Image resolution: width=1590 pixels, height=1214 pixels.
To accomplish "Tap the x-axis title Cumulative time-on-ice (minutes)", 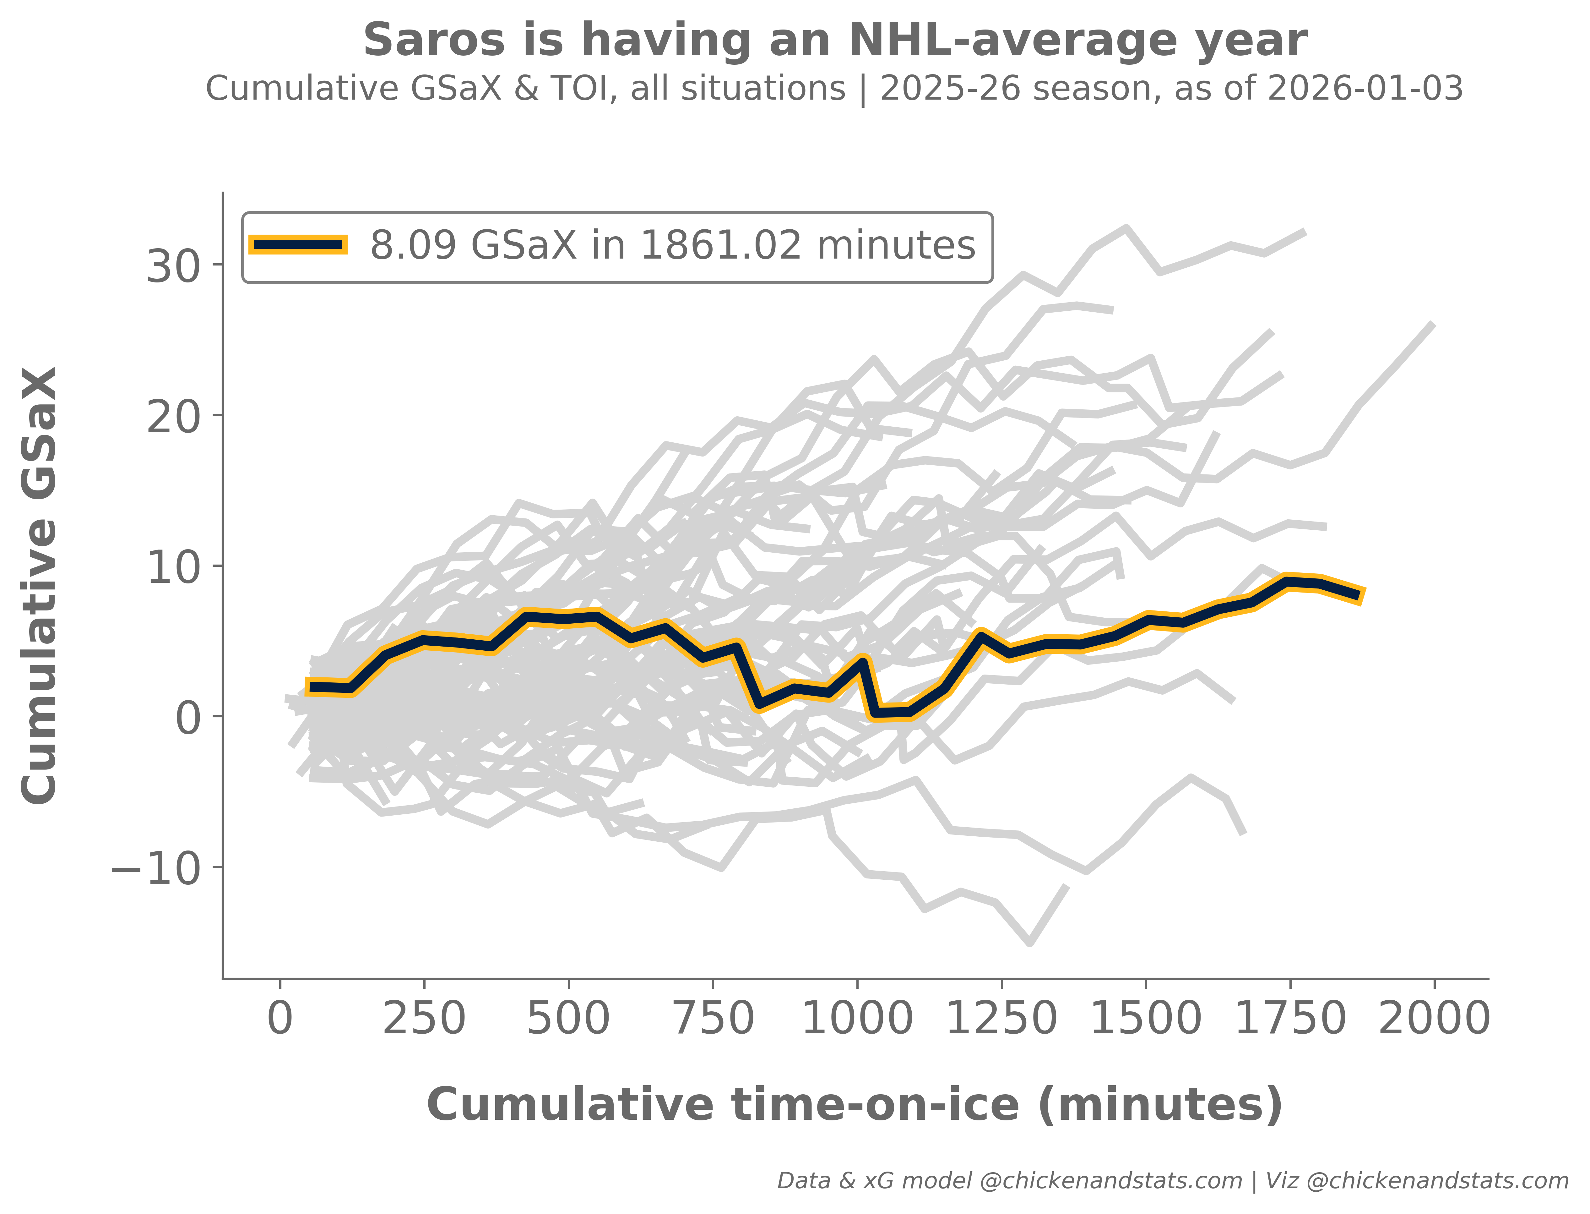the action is coord(855,1106).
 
